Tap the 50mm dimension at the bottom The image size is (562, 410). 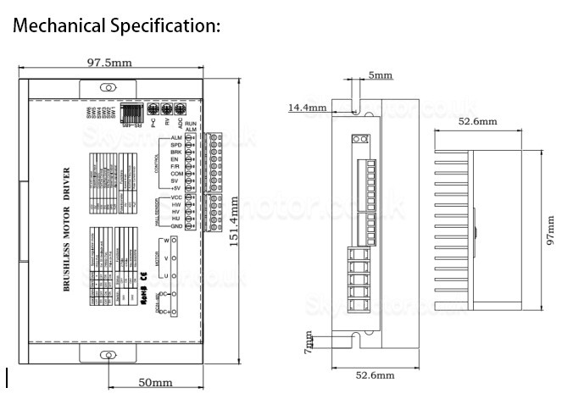155,383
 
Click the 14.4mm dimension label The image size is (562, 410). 308,108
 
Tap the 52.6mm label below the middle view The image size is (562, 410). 374,374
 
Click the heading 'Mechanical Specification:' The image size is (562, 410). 116,25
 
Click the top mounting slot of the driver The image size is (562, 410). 108,88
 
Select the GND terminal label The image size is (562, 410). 176,226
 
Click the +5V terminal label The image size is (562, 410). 176,187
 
